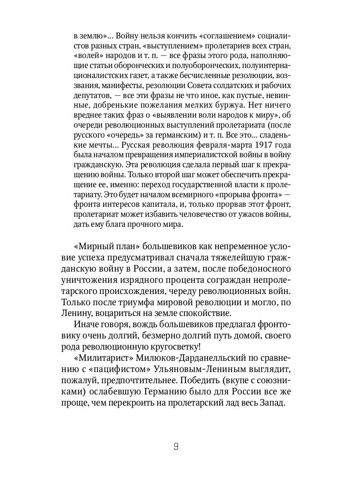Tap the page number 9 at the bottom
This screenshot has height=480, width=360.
tap(176, 447)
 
